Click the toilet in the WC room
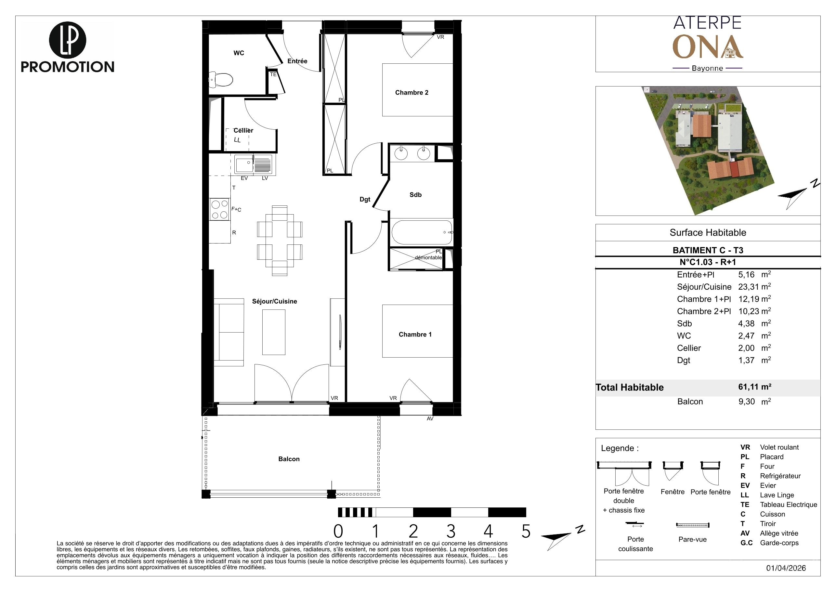pyautogui.click(x=221, y=80)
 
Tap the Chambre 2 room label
pyautogui.click(x=411, y=93)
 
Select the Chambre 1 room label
pyautogui.click(x=415, y=334)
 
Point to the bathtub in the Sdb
pyautogui.click(x=422, y=232)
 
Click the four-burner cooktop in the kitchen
pyautogui.click(x=219, y=209)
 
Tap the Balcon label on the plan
pyautogui.click(x=289, y=459)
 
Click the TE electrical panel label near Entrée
pyautogui.click(x=273, y=74)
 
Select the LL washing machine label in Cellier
pyautogui.click(x=237, y=140)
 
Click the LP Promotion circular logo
pyautogui.click(x=67, y=40)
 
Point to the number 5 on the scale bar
pyautogui.click(x=526, y=532)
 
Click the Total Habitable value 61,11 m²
pyautogui.click(x=754, y=387)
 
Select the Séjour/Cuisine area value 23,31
pyautogui.click(x=748, y=287)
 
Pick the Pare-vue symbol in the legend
pyautogui.click(x=693, y=525)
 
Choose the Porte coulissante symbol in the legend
pyautogui.click(x=635, y=524)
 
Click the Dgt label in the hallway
pyautogui.click(x=365, y=200)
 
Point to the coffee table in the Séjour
pyautogui.click(x=274, y=332)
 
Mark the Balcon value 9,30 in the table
pyautogui.click(x=746, y=402)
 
